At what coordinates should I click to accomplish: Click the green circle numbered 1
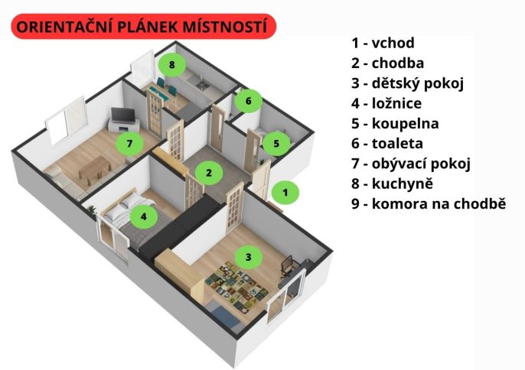click(285, 193)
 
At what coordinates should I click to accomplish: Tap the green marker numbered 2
click(209, 173)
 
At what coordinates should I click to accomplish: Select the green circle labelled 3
click(249, 257)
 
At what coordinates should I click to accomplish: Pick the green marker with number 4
click(144, 216)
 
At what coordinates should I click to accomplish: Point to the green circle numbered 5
click(276, 144)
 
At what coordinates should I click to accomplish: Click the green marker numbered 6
click(248, 101)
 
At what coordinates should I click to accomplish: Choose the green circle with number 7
click(129, 144)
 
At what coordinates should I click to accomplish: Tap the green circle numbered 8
click(172, 64)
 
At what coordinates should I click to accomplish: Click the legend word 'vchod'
click(393, 43)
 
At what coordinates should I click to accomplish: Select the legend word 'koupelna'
click(405, 123)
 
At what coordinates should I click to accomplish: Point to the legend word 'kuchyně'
click(403, 183)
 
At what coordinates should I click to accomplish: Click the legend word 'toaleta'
click(397, 144)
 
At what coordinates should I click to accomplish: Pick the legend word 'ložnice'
click(396, 103)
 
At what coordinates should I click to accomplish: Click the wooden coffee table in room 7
click(95, 170)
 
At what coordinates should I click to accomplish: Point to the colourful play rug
click(236, 285)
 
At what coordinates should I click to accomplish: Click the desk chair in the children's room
click(287, 266)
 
